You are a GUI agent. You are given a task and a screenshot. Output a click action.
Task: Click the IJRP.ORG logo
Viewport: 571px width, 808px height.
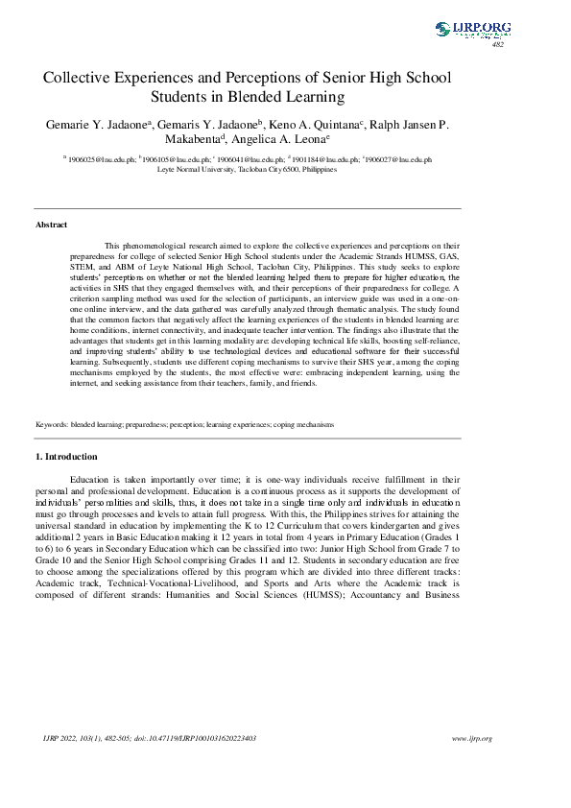tap(472, 30)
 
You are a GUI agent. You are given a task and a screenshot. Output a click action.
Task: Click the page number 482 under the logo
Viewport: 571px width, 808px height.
tap(497, 45)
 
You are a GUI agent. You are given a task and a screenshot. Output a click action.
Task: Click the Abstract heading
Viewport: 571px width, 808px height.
tap(51, 225)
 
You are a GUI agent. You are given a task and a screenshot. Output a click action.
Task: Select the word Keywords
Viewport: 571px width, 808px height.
tap(51, 423)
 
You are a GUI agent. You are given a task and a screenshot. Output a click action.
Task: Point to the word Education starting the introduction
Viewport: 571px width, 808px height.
tap(92, 478)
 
